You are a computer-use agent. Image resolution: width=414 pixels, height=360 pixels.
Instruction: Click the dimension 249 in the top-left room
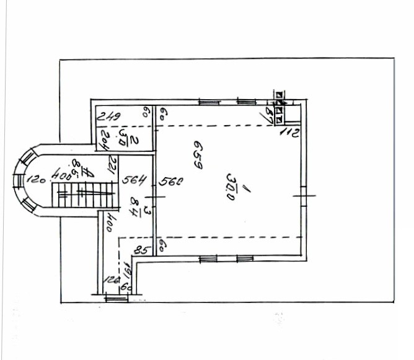pos(109,116)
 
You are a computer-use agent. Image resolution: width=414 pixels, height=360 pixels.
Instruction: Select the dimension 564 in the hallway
pos(133,181)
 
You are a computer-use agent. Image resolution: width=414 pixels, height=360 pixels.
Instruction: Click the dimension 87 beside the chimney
pos(270,115)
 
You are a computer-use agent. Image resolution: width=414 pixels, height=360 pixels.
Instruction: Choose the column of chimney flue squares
pos(280,106)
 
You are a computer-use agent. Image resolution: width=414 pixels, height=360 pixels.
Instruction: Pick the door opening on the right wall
pos(304,196)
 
